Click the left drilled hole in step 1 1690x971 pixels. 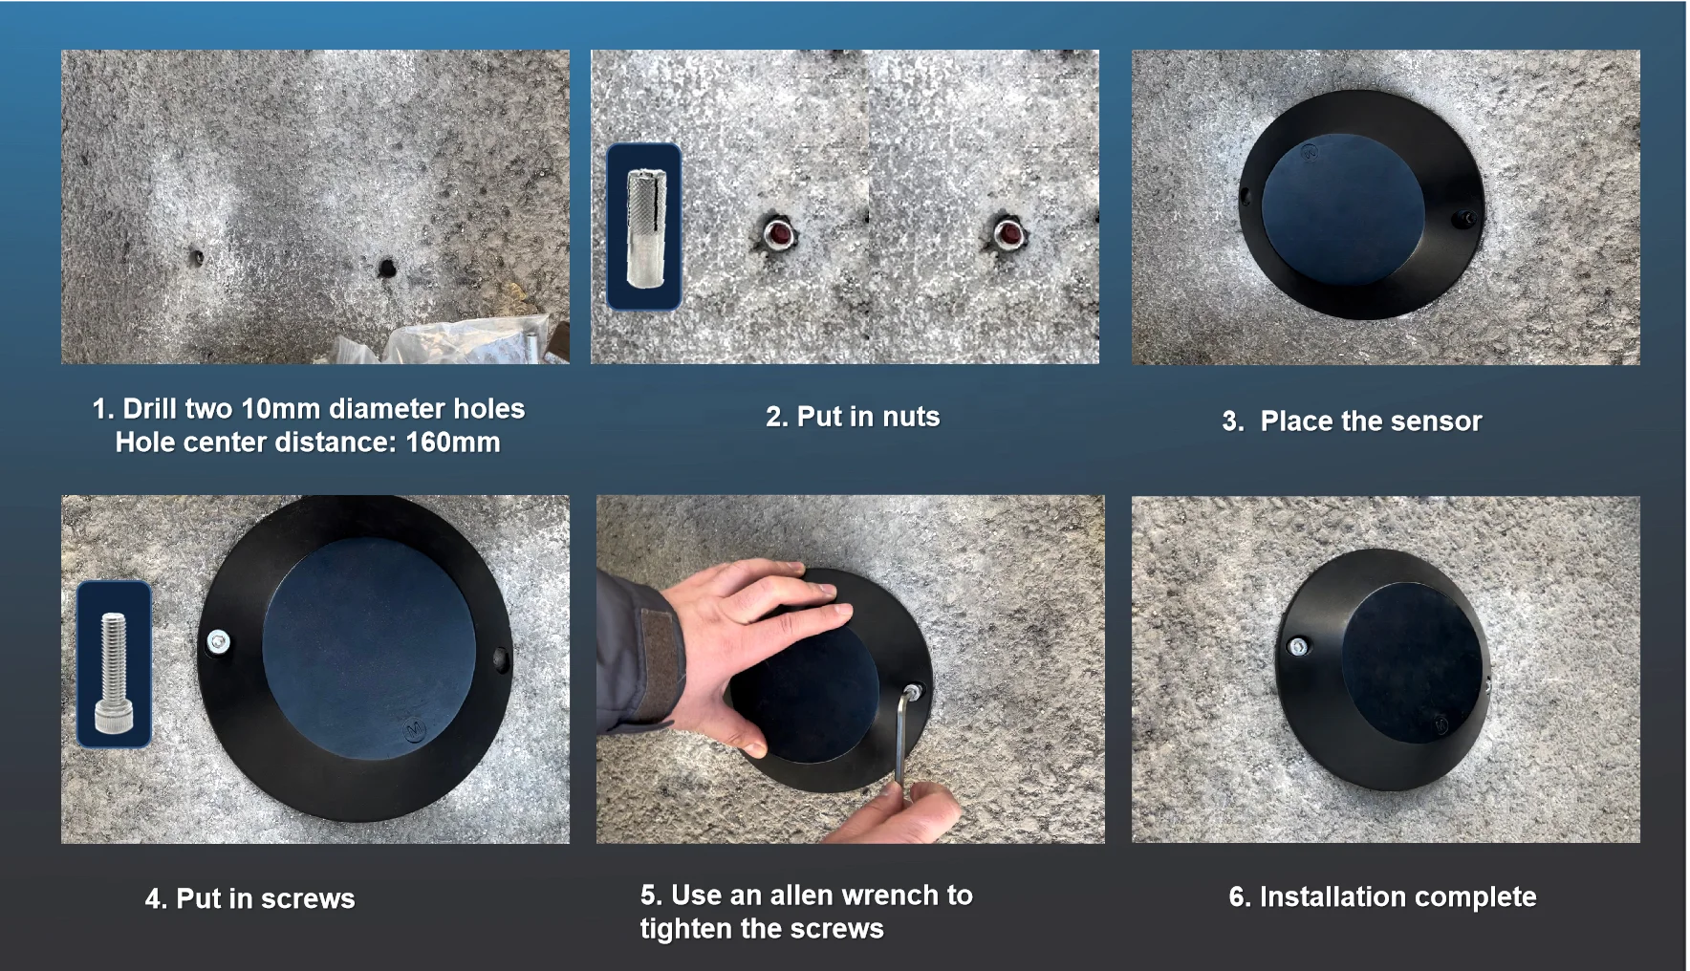[196, 257]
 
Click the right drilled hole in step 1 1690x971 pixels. [387, 268]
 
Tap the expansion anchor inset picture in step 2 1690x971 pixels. [644, 227]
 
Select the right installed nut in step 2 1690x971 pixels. [1007, 232]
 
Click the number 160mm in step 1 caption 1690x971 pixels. [452, 442]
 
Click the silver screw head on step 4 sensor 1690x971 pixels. [219, 640]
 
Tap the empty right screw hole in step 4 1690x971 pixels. [500, 658]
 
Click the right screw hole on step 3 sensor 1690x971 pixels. [1463, 220]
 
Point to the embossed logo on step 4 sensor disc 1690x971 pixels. [415, 728]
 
